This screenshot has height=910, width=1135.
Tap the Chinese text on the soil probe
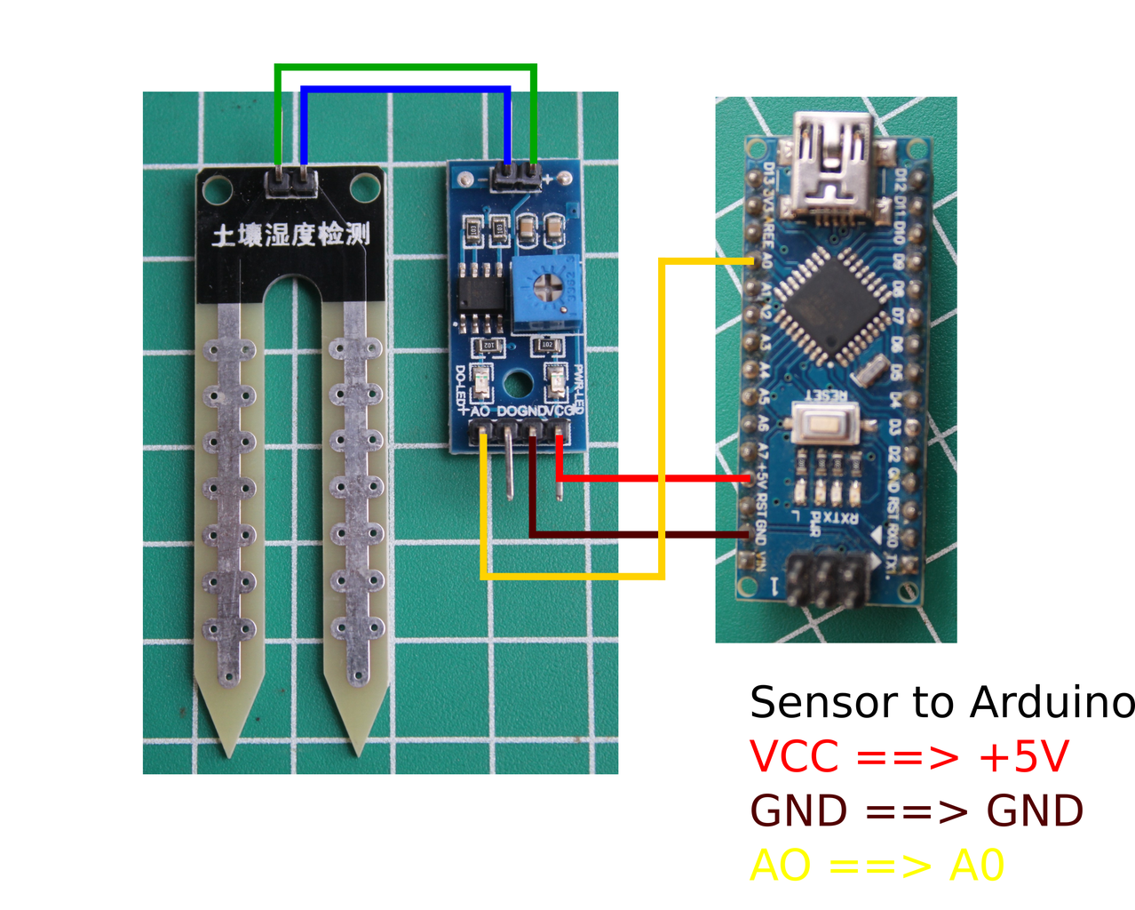tap(290, 235)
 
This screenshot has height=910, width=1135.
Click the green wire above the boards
tap(406, 68)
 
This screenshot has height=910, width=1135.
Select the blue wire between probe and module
tap(406, 90)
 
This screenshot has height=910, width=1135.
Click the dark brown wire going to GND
tap(639, 534)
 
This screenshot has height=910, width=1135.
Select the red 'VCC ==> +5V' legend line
tap(909, 757)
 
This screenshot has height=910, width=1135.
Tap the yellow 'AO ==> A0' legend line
tap(877, 866)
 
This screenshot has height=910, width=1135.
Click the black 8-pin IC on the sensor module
tap(480, 294)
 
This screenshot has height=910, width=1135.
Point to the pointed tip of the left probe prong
tap(231, 751)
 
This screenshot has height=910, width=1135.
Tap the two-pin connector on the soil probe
tap(291, 183)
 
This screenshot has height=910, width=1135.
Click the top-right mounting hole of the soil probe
tap(363, 187)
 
